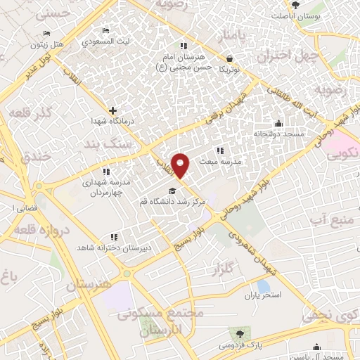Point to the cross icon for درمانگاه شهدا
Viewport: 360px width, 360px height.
(112, 110)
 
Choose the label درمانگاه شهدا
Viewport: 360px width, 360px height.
(107, 121)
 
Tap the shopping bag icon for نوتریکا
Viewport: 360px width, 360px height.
(230, 58)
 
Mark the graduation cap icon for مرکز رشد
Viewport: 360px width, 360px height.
(170, 191)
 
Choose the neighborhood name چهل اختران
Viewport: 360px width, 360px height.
(289, 54)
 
